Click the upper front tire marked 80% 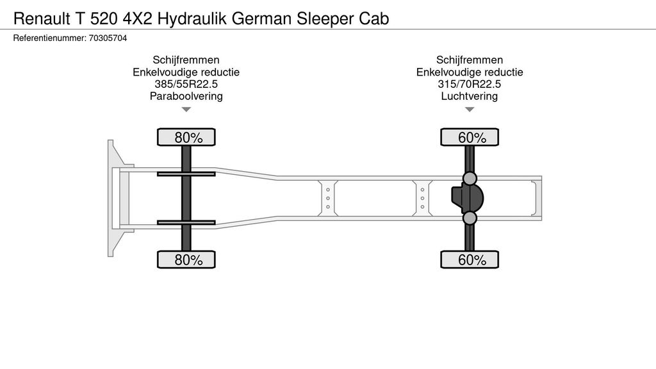(x=186, y=137)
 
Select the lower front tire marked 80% (x=186, y=259)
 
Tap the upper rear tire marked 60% (x=470, y=137)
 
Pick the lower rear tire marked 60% (x=470, y=259)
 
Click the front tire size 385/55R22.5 (x=186, y=84)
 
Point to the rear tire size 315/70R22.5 (x=470, y=84)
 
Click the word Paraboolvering (x=186, y=96)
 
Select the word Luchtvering (x=470, y=96)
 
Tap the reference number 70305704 (x=108, y=38)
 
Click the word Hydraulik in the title (x=192, y=19)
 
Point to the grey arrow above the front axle (x=186, y=110)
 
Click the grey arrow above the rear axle (x=470, y=110)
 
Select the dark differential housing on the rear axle (x=467, y=199)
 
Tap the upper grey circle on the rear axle (x=470, y=178)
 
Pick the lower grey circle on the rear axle (x=470, y=218)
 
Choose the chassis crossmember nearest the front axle (x=328, y=199)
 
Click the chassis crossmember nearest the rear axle (x=423, y=199)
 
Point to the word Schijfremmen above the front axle (x=186, y=60)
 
